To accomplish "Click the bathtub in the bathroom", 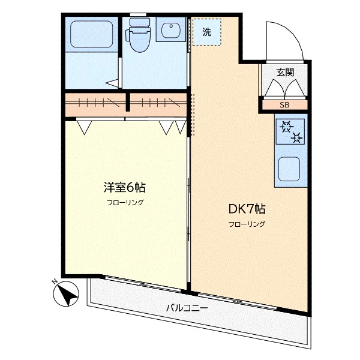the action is tap(92, 34).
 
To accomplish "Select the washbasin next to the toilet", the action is tap(170, 29).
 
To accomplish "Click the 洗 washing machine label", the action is tap(206, 32).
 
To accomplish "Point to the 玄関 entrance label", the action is tap(285, 73).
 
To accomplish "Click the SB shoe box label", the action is tap(284, 105).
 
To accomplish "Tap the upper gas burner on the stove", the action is tap(287, 127).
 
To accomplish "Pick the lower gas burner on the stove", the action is tap(297, 137).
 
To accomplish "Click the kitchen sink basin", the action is tap(289, 169).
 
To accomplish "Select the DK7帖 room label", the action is tap(247, 209).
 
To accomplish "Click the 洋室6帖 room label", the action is tap(125, 187).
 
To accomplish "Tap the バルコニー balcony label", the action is tap(187, 308).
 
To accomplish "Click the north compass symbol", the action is tap(66, 295).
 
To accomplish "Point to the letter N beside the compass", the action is tap(55, 281).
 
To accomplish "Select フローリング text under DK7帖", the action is tap(247, 224).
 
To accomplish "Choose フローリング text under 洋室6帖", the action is tap(125, 203).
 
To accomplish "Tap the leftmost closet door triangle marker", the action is tap(84, 127).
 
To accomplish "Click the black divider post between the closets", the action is tap(128, 102).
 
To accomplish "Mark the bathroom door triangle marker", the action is tap(113, 83).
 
